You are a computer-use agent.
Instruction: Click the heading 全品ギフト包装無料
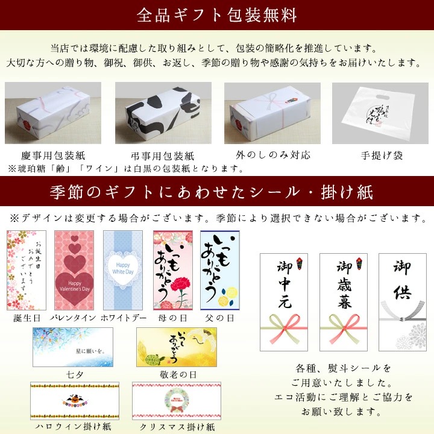[x=216, y=14]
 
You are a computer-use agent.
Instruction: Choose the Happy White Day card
[x=123, y=269]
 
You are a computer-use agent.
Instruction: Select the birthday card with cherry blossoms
[x=26, y=269]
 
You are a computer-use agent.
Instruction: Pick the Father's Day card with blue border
[x=220, y=269]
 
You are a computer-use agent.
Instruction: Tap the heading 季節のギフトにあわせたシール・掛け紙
[x=216, y=192]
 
